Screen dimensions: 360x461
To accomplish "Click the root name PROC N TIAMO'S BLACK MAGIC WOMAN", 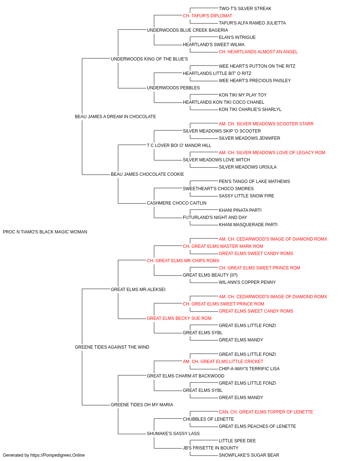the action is (x=45, y=232).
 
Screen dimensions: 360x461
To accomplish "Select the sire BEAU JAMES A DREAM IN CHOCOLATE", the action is (x=115, y=117).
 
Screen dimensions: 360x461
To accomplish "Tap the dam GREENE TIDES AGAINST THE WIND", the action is (x=112, y=347).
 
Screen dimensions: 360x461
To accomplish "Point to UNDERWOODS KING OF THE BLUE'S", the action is (x=149, y=59).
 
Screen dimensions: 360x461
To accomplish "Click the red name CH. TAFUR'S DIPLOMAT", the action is (x=207, y=16).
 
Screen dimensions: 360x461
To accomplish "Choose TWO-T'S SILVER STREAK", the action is (x=245, y=9).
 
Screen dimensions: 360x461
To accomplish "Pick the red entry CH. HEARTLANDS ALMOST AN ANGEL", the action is (x=258, y=52).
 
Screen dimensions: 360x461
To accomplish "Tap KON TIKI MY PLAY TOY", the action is (x=243, y=95).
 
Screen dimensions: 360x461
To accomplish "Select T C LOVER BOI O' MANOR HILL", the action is (x=179, y=146).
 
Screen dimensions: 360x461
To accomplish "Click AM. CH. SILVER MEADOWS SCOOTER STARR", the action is (x=266, y=124).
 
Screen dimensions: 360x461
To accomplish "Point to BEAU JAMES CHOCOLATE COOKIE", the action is (x=147, y=174).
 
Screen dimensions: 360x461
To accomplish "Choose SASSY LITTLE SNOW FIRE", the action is (x=246, y=196).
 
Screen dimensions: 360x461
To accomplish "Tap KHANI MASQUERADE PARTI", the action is (x=248, y=225).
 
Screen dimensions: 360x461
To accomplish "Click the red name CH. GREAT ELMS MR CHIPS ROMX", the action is (x=183, y=261).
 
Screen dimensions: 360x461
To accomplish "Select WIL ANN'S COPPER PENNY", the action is (x=247, y=282).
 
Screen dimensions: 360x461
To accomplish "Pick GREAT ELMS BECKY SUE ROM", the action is (x=179, y=318).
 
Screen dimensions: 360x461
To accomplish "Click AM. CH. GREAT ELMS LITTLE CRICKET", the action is (x=223, y=362).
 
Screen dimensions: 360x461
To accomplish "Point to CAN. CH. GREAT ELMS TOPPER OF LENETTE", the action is (x=266, y=412).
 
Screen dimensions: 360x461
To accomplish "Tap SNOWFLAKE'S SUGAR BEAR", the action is (x=249, y=455).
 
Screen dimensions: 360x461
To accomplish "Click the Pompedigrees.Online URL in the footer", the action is (x=57, y=455).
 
